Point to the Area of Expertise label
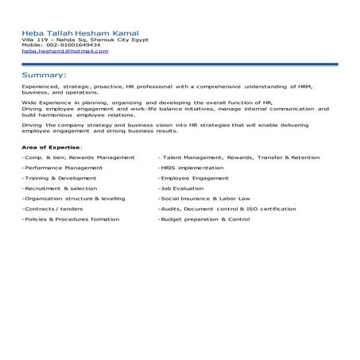52,148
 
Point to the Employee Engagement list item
193,179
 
